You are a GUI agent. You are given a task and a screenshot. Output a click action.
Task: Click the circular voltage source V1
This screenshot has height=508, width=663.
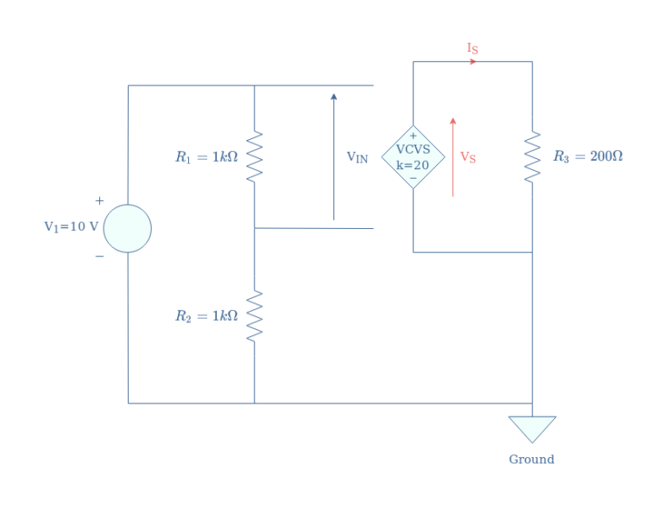(127, 228)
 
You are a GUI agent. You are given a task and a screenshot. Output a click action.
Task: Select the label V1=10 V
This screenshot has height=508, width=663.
(71, 227)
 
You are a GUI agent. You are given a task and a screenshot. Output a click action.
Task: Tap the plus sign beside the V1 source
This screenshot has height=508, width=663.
(99, 201)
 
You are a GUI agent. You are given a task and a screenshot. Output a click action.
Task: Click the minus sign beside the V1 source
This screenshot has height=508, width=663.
(99, 256)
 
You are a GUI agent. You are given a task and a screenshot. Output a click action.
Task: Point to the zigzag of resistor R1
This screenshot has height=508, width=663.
(254, 156)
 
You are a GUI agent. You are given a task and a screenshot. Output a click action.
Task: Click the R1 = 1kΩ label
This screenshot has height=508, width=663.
(206, 157)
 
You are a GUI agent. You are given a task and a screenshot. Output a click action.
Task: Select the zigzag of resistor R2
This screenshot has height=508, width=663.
(254, 316)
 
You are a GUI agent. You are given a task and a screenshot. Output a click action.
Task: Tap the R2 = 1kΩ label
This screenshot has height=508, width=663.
(206, 316)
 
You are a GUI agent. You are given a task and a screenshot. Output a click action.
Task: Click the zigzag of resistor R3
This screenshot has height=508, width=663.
(532, 156)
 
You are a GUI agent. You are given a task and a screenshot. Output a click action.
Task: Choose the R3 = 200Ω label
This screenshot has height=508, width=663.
(588, 156)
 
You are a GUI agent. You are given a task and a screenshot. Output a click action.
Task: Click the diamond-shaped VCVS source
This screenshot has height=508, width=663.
(413, 156)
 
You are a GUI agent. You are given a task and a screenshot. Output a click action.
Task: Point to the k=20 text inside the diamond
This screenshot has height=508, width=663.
(413, 165)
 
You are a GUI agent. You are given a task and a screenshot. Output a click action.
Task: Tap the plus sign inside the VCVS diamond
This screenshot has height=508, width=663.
(413, 136)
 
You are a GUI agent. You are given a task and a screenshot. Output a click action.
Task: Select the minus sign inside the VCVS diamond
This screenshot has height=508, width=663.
(413, 178)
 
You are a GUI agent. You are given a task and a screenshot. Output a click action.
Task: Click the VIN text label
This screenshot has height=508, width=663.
(357, 157)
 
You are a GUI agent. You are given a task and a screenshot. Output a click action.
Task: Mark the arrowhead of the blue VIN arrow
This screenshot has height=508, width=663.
(334, 97)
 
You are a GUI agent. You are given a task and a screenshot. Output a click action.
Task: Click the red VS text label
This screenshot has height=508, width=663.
(468, 157)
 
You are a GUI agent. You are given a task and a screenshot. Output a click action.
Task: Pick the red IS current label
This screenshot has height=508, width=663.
(472, 48)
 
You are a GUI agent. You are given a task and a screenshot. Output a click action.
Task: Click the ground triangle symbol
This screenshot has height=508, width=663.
(532, 428)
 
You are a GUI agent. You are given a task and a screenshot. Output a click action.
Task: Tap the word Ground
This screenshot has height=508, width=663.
(531, 460)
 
